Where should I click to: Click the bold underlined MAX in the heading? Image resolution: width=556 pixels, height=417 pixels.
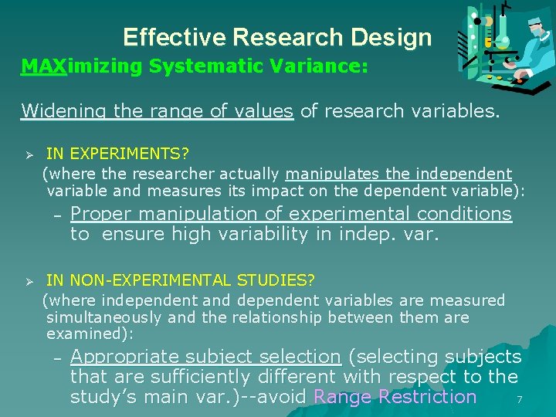click(x=44, y=66)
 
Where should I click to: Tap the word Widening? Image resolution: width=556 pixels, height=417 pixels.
click(x=65, y=110)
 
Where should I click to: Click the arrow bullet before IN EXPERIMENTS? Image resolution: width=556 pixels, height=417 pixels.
click(x=28, y=156)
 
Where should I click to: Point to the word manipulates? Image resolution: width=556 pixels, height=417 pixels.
click(x=327, y=175)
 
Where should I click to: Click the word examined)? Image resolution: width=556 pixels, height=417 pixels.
click(x=90, y=334)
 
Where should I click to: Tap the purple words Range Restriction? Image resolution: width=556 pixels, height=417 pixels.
click(x=395, y=397)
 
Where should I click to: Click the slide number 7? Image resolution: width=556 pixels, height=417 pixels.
click(x=520, y=399)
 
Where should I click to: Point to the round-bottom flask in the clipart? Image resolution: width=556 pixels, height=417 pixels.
click(x=503, y=40)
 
